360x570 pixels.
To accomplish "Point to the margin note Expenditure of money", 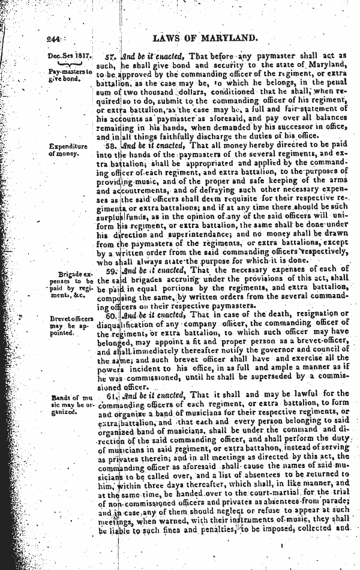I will (x=69, y=149).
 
